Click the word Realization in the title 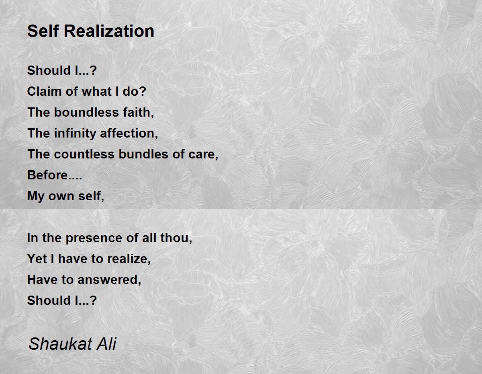[109, 31]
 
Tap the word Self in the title [43, 31]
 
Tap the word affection [129, 133]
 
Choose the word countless [84, 154]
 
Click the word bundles [143, 154]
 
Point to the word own [61, 196]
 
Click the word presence [94, 238]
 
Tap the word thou [176, 238]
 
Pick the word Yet [37, 259]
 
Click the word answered [109, 280]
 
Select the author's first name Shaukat [60, 344]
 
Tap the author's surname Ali [107, 344]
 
